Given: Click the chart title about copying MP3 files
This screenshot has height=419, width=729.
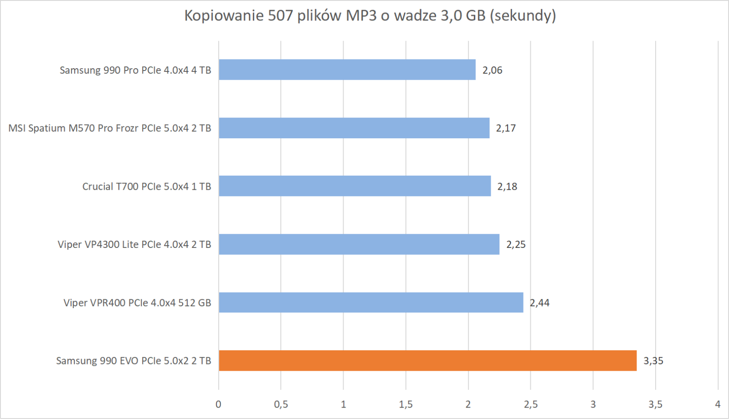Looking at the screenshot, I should pos(370,15).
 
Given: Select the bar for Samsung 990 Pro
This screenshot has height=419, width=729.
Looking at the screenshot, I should pos(347,70).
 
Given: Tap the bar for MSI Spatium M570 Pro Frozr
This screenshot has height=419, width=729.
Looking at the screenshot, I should pos(354,128).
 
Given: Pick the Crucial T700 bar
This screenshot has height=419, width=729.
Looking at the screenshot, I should pos(354,186).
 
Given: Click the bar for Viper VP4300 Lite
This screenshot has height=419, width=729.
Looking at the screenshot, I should pos(359,244).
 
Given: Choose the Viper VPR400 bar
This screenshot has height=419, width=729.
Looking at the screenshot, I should pos(371,303).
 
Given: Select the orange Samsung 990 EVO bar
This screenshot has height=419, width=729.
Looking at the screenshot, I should pos(427,361).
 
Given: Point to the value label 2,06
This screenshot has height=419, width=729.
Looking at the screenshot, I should pos(492,70).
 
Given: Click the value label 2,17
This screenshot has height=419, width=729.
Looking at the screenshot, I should pos(506,128).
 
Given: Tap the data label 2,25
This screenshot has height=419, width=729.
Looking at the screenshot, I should pos(516,245).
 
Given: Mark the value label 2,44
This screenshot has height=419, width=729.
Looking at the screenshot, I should pos(539,303).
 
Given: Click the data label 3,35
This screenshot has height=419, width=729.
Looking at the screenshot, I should pos(653,361).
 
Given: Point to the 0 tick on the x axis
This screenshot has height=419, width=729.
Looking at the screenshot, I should pos(219,404).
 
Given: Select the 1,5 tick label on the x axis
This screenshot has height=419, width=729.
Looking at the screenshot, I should pos(406,404).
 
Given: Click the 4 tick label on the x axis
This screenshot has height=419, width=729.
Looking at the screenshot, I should pos(718,404).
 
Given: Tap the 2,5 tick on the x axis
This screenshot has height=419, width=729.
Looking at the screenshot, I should pos(530,404).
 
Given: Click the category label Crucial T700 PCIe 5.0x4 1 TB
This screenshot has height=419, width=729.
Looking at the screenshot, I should pos(146,187).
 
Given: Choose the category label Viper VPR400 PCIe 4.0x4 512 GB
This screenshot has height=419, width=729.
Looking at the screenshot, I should pos(137,303).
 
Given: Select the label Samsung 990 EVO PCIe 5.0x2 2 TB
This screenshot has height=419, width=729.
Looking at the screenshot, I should pos(133,361).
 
